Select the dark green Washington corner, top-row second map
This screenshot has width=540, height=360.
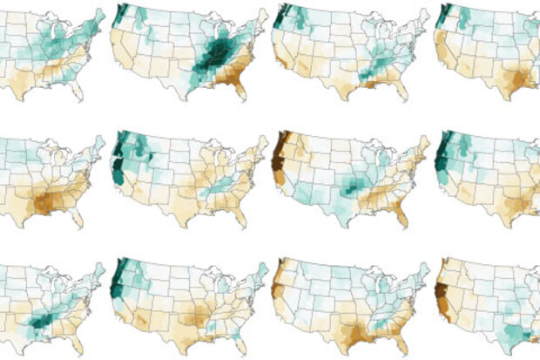[122, 14]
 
